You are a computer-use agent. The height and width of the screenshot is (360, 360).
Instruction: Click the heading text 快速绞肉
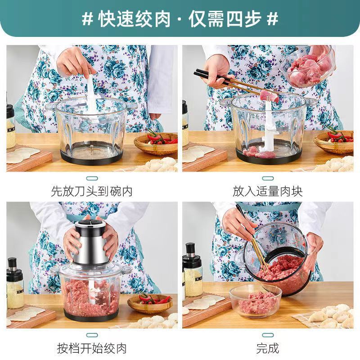135,19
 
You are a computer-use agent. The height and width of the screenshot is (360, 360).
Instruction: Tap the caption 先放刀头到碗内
92,191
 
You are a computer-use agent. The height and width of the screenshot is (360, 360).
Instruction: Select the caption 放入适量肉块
268,191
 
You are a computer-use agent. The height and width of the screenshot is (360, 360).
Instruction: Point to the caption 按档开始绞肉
92,348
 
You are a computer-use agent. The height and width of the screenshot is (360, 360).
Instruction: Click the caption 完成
268,348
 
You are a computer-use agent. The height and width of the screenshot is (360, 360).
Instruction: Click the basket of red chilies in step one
156,143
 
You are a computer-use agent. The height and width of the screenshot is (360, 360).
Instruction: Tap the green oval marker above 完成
268,335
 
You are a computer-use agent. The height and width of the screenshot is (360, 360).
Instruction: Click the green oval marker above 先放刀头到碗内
92,178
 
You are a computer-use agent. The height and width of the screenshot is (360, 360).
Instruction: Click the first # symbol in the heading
87,19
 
